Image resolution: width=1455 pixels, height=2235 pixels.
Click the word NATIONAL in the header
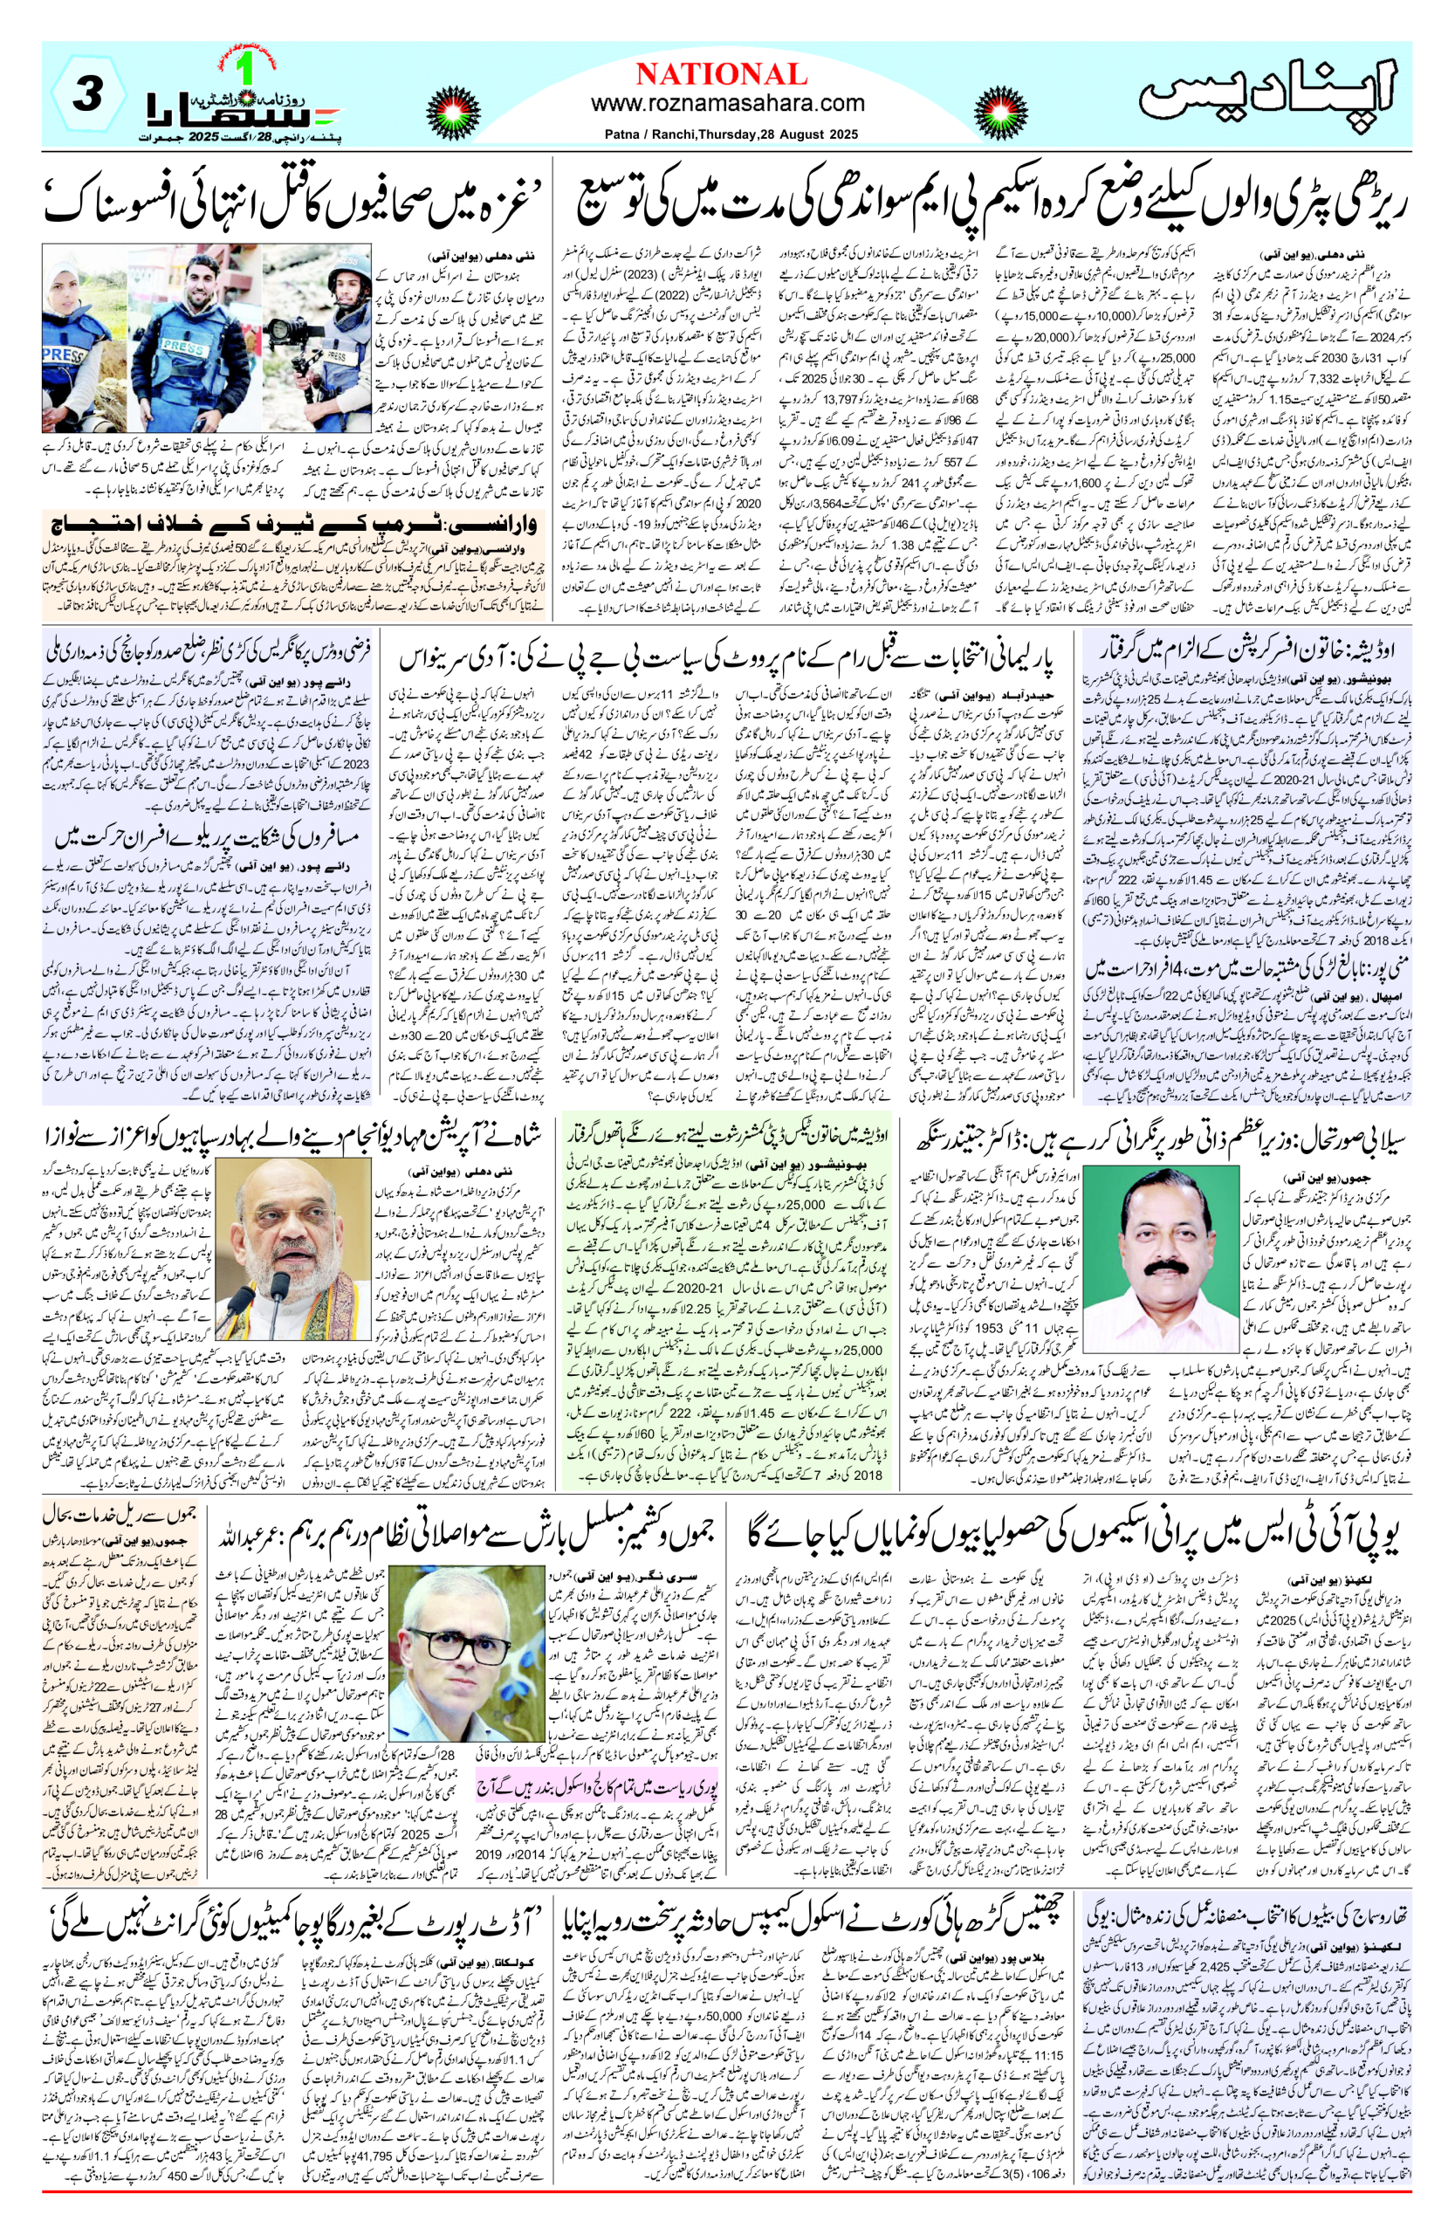coord(721,74)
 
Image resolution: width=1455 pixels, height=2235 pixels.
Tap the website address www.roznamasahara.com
coord(728,103)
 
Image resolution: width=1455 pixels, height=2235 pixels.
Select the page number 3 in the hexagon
coord(86,96)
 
